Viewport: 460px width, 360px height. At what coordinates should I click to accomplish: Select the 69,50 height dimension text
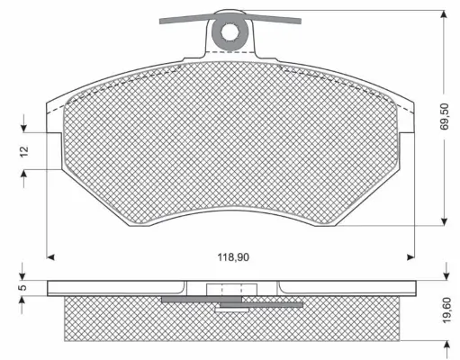coord(446,116)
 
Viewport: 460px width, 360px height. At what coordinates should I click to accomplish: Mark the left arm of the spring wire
coord(185,17)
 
